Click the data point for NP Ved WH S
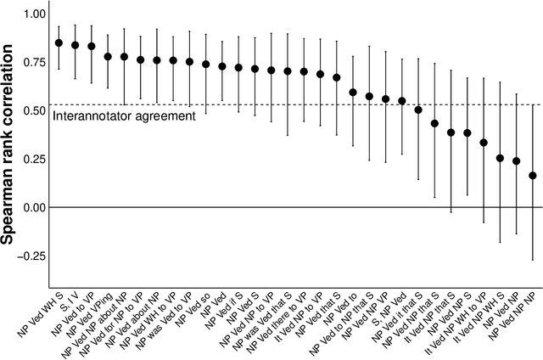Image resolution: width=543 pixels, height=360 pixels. [59, 42]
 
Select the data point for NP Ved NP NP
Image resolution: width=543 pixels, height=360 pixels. [533, 176]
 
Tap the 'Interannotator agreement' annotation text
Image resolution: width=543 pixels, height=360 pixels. [124, 115]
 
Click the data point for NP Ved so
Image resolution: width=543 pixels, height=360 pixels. [206, 65]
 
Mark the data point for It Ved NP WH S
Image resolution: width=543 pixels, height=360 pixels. [500, 158]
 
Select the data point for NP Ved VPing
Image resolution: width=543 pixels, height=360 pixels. [108, 57]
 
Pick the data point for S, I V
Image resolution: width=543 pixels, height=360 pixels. [76, 45]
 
